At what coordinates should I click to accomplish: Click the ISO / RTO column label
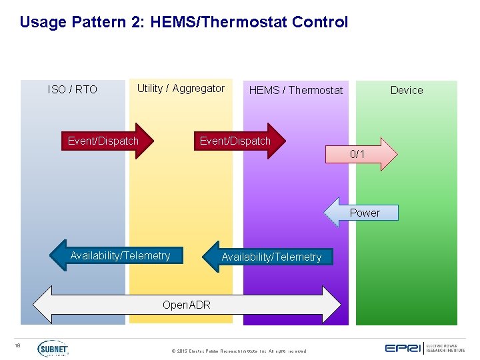pos(73,89)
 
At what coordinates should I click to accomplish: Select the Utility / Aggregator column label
pos(181,89)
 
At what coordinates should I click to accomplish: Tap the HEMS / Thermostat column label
pos(295,90)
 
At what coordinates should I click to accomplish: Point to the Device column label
pos(406,90)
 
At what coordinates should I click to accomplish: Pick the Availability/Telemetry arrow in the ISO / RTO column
pos(117,256)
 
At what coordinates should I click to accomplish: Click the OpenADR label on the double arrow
pos(187,305)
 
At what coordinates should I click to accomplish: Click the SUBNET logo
pos(53,348)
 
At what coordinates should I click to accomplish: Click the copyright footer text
pos(239,351)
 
